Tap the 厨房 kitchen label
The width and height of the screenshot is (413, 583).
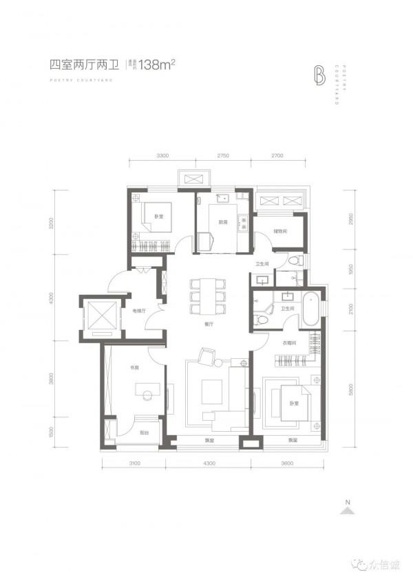point(222,222)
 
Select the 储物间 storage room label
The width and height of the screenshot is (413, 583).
point(279,231)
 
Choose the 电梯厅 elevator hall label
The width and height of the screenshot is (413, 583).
point(137,311)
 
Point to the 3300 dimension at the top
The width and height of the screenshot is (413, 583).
point(163,157)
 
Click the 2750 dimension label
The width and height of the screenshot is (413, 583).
point(222,157)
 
